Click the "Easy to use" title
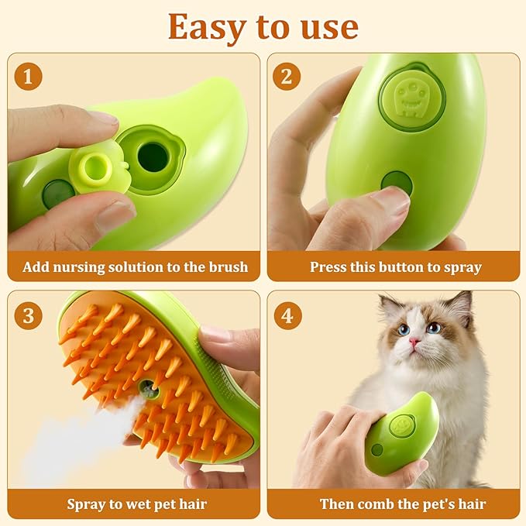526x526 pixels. (263, 28)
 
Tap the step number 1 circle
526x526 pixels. (29, 76)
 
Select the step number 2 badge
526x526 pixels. (287, 76)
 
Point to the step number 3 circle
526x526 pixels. (29, 315)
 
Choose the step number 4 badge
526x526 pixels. (287, 315)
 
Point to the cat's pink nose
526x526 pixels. (414, 342)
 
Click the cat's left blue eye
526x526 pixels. (404, 330)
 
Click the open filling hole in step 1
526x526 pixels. (153, 157)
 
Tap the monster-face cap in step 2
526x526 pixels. (412, 98)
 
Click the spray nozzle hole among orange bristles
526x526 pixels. (148, 390)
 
